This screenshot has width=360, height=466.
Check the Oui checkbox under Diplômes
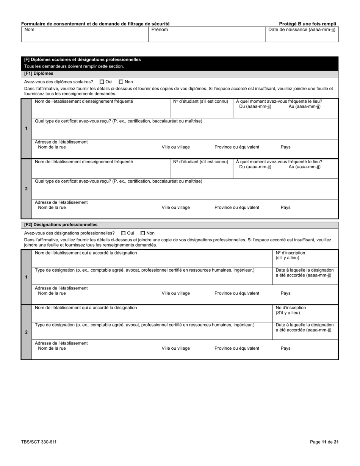coord(102,82)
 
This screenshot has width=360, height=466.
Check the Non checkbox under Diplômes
coord(121,82)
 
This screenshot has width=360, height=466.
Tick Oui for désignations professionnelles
coord(124,233)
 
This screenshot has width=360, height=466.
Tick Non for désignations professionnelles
coord(143,233)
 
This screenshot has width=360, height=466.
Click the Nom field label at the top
coord(29,30)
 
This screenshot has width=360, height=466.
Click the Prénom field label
coord(160,30)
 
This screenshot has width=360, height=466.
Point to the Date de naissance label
coord(302,30)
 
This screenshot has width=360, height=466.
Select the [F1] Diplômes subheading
coord(39,73)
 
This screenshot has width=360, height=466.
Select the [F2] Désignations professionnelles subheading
coord(61,225)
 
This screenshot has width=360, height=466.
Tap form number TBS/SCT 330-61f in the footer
coord(39,442)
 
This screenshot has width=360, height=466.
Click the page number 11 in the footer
coord(324,442)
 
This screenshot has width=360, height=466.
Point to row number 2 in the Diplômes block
coord(26,189)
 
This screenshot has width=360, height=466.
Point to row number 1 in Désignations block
coord(26,277)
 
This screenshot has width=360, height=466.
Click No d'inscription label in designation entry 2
coord(291,308)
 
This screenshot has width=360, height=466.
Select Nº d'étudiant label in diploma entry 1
coord(200,102)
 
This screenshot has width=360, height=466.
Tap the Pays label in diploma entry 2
coord(285,208)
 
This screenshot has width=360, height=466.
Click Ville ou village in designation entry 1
coord(175,293)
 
